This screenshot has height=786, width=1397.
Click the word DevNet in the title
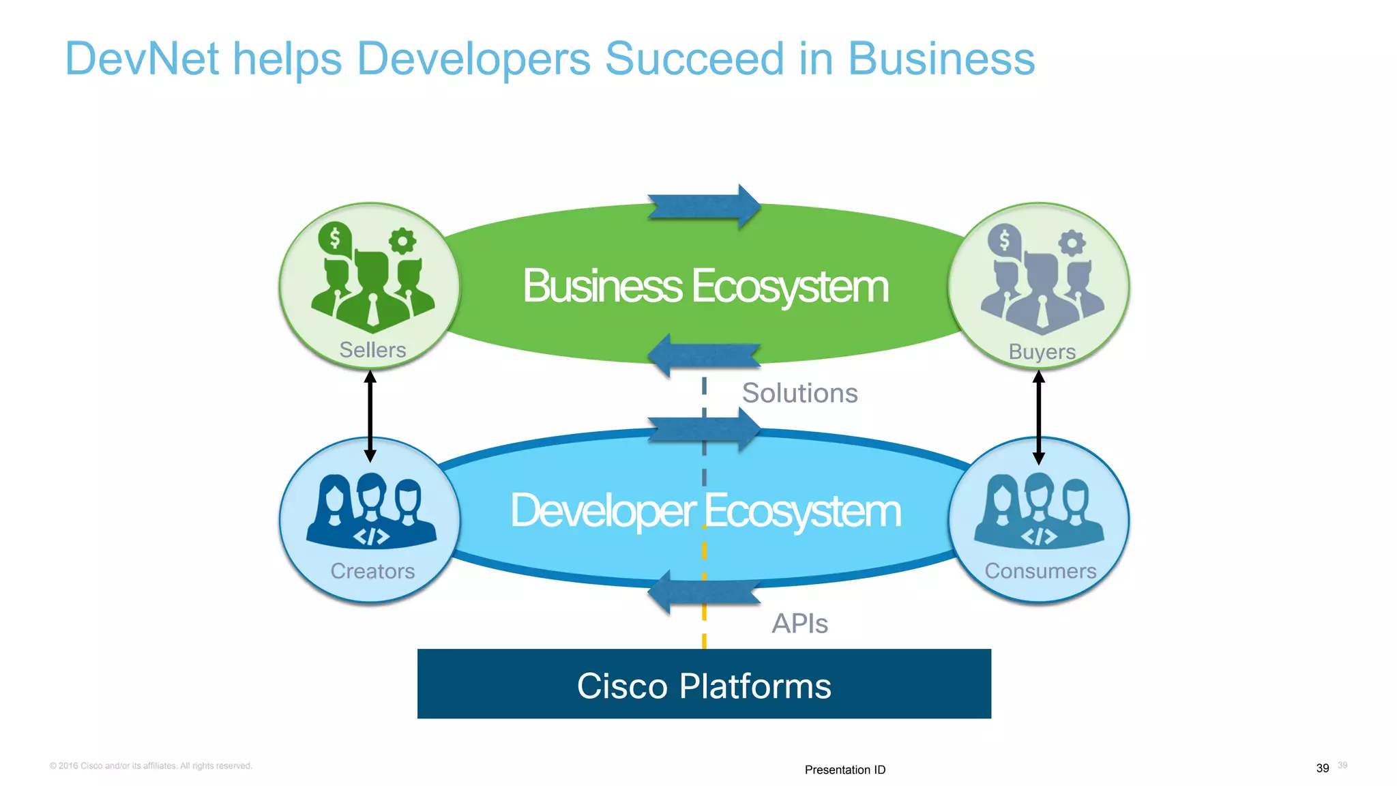click(142, 59)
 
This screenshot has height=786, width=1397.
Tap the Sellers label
click(372, 350)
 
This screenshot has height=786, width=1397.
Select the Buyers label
click(1042, 351)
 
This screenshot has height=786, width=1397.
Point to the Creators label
click(372, 570)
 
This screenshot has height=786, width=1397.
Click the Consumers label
click(1040, 570)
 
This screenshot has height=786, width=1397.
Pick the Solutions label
click(799, 393)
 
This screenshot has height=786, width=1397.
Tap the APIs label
click(799, 623)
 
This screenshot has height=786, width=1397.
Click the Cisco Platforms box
click(704, 684)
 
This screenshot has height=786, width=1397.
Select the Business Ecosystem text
click(705, 286)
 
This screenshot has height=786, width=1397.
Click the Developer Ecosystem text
click(705, 510)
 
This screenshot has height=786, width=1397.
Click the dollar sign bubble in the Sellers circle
click(334, 239)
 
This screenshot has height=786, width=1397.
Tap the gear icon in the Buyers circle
click(1072, 242)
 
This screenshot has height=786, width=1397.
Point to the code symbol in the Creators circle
click(371, 537)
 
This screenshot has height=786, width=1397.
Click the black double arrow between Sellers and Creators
click(370, 416)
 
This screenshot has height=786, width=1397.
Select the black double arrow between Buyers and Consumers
click(1039, 417)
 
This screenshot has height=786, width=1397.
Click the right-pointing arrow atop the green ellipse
click(704, 206)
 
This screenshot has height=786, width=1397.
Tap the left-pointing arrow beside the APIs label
click(703, 592)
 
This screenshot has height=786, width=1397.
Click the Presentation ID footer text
click(844, 770)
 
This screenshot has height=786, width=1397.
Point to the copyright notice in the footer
click(151, 766)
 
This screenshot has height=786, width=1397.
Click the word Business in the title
click(941, 59)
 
